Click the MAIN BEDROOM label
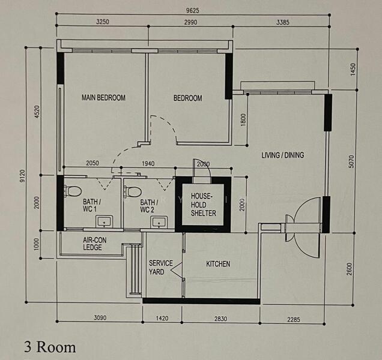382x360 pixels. pos(103,98)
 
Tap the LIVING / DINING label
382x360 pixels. pos(283,155)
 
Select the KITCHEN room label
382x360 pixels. pos(218,264)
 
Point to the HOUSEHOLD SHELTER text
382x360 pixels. pos(204,205)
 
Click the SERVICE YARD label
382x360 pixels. pos(161,267)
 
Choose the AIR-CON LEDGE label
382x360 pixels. pos(94,244)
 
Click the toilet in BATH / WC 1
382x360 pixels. pos(72,191)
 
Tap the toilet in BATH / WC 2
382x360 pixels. pos(133,191)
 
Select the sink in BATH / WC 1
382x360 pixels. pos(104,221)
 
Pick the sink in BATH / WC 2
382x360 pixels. pos(159,222)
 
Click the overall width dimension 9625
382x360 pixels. pos(192,10)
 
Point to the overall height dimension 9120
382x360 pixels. pos(23,176)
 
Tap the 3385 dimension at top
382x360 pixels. pos(283,22)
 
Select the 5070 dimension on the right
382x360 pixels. pos(351,161)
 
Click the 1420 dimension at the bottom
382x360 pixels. pos(162,318)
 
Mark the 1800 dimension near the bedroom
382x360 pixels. pos(243,120)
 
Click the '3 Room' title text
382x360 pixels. pos(50,347)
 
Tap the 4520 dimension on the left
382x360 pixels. pos(37,112)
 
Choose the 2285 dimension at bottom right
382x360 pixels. pos(293,319)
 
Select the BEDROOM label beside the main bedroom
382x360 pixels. pos(187,98)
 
